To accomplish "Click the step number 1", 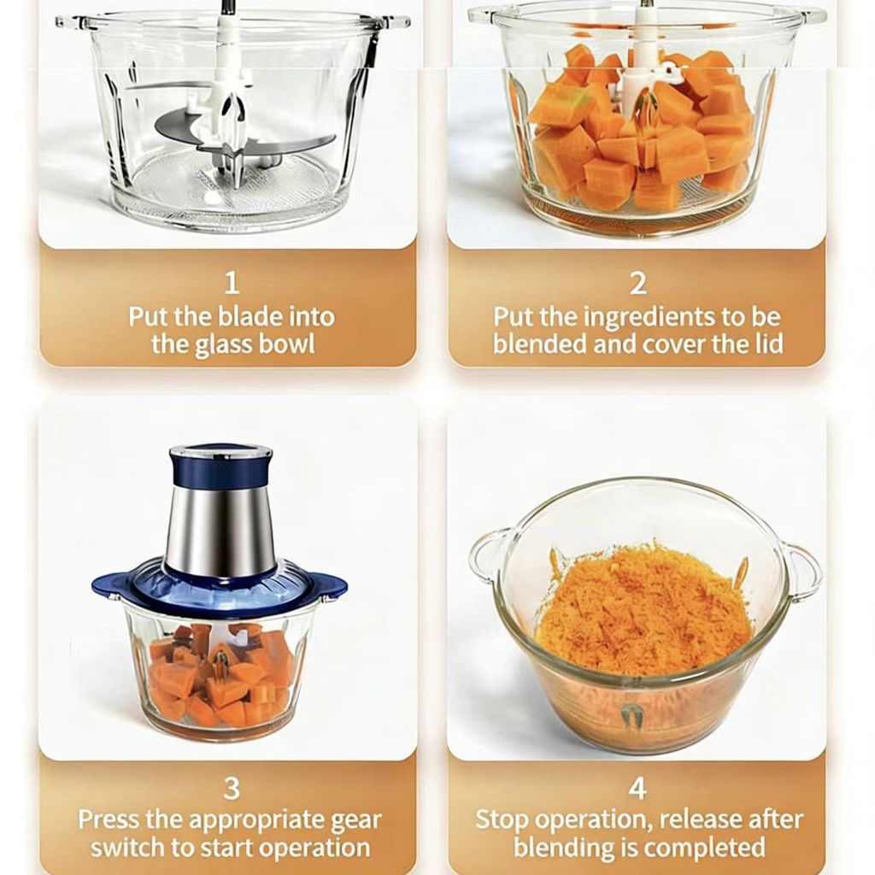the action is point(232,282).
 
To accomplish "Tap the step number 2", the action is point(637,283).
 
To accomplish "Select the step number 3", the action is point(232,789).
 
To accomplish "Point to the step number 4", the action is point(637,789).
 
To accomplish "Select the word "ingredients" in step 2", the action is point(650,318).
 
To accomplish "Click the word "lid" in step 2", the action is point(769,344).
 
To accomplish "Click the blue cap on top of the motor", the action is point(221,465).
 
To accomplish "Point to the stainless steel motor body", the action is point(221,529).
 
